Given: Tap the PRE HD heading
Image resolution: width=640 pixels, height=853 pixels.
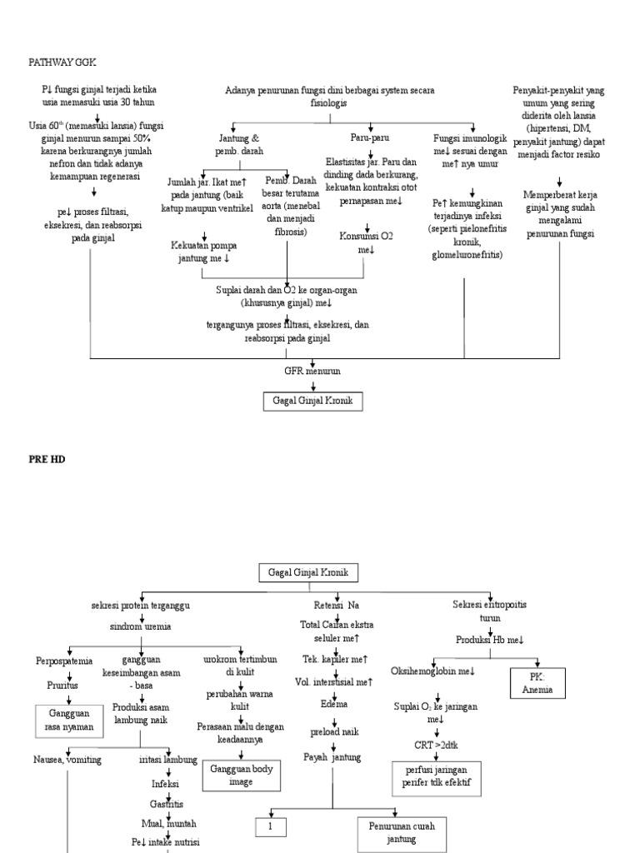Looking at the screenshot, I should (47, 458).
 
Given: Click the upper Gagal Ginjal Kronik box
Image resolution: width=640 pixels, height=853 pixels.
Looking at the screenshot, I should (313, 400).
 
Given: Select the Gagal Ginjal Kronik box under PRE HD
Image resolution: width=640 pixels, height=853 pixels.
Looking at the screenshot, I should (308, 573).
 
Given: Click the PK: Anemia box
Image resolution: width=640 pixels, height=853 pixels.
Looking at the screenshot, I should (537, 683).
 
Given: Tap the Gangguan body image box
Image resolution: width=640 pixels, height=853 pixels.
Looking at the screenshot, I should (240, 776).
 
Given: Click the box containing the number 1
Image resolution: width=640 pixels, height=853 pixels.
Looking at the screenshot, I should (272, 827).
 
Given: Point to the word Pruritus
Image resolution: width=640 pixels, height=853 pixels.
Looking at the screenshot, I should (62, 686).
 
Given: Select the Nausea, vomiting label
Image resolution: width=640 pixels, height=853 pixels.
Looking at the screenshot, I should (67, 760).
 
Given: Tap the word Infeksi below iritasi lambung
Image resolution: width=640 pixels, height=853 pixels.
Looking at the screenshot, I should (164, 783).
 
